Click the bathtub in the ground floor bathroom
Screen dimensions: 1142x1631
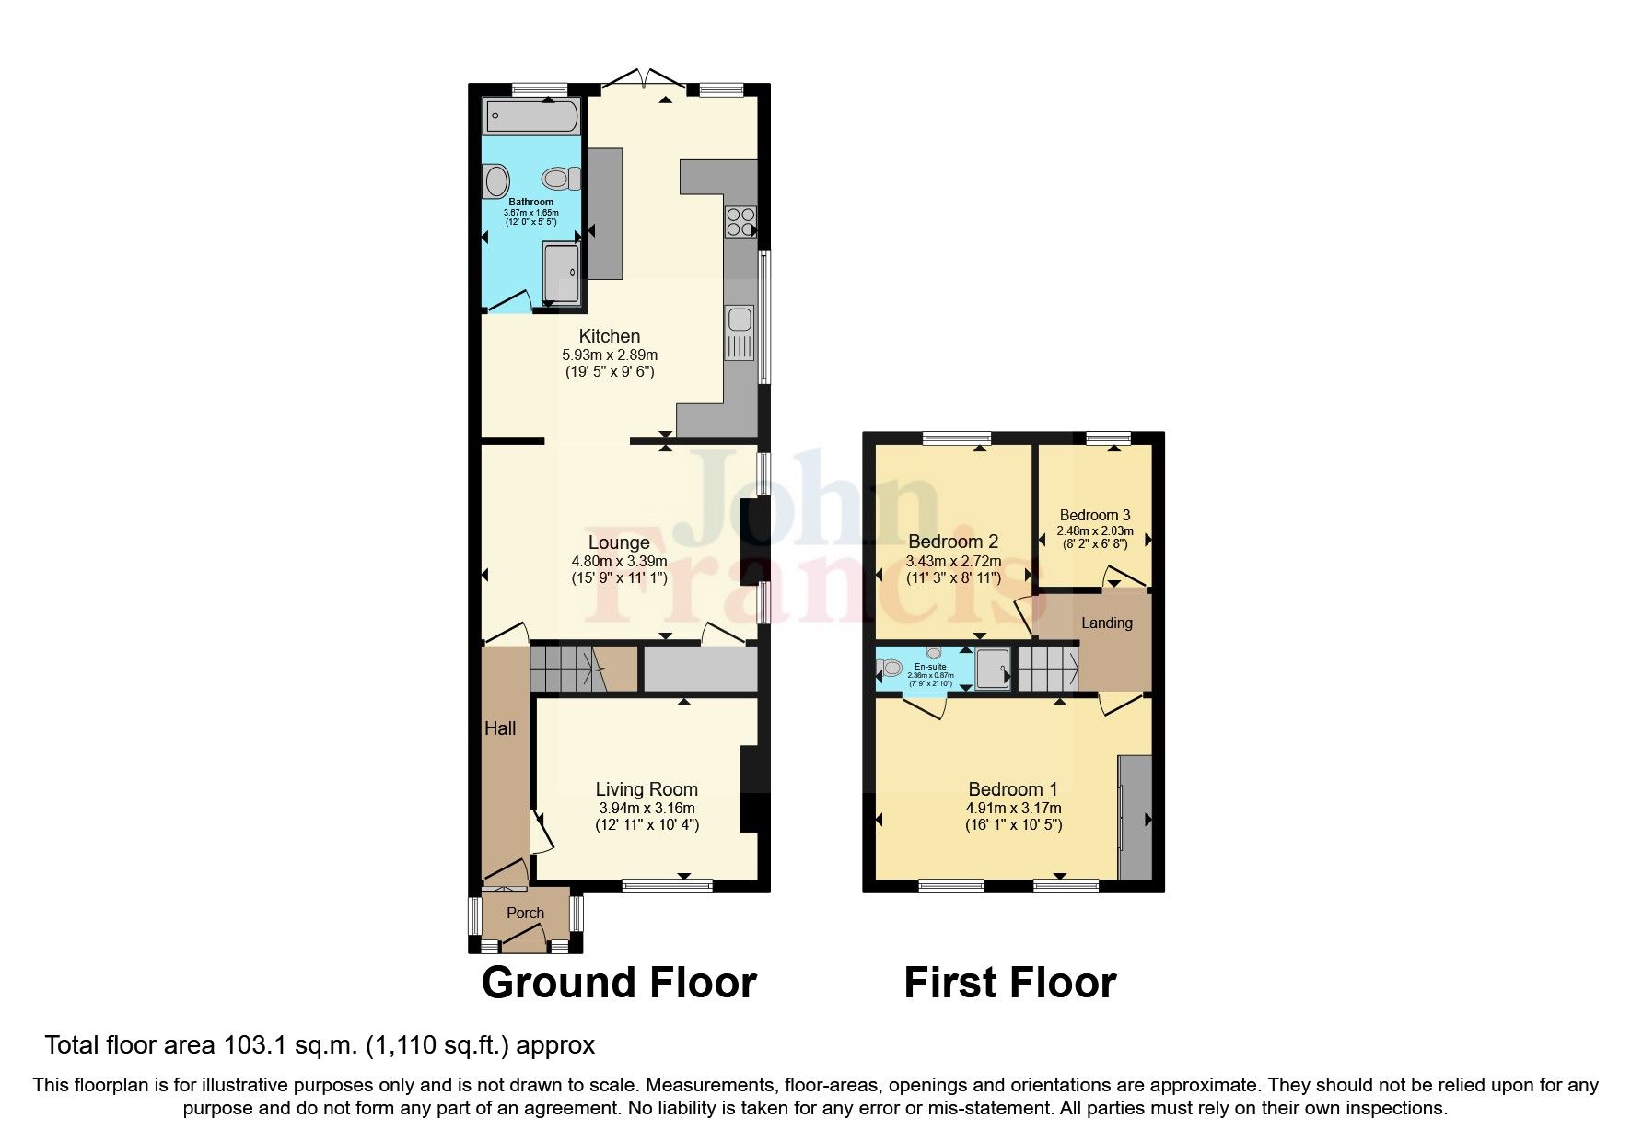[532, 117]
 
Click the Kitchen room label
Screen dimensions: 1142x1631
[609, 336]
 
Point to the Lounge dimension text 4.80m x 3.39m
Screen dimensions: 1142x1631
[619, 561]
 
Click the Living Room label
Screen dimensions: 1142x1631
[647, 789]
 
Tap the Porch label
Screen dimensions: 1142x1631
[526, 913]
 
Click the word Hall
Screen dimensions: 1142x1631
[500, 728]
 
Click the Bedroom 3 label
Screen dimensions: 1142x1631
[1094, 516]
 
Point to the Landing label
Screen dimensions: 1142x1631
[1106, 623]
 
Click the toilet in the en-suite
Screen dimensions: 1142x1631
[890, 669]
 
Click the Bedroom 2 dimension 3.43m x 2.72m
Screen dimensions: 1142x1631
[954, 561]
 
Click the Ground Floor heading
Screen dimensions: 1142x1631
[618, 983]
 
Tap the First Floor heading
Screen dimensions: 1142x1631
[1009, 983]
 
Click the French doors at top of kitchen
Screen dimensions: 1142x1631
[644, 81]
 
